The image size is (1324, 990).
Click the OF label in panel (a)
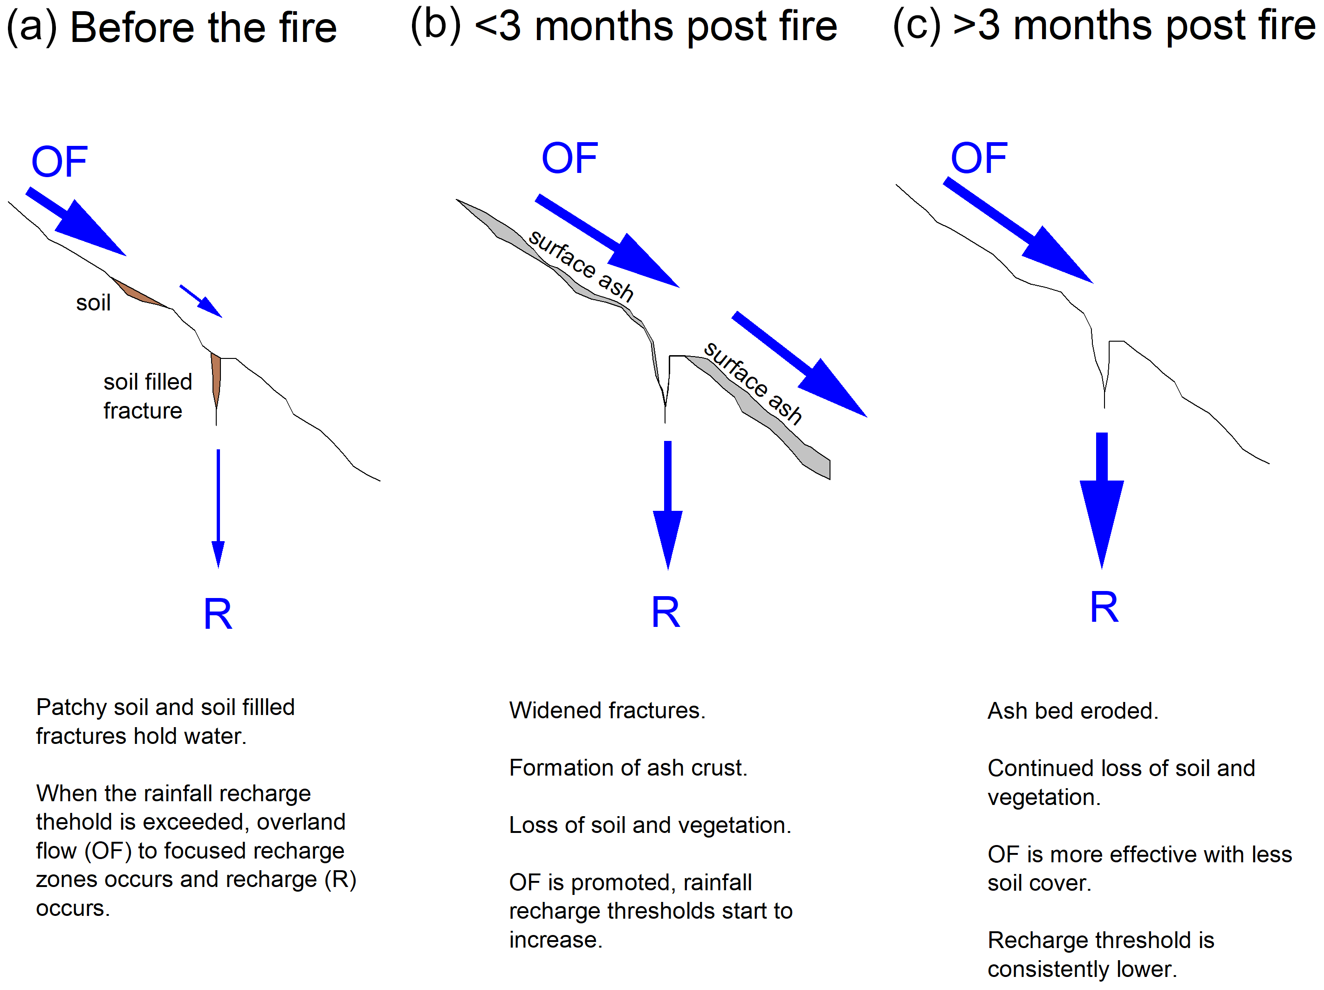[x=59, y=162]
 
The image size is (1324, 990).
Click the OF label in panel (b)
[x=569, y=158]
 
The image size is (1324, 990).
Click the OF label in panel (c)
[x=979, y=158]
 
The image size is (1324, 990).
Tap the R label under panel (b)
[x=665, y=612]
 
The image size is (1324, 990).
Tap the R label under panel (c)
[x=1104, y=607]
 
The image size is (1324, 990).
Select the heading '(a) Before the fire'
[x=172, y=27]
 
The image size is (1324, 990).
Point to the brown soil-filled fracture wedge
[x=216, y=377]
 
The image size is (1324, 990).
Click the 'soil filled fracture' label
[x=147, y=396]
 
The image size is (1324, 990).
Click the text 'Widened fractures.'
[x=607, y=710]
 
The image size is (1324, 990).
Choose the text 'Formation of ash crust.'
[x=628, y=768]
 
